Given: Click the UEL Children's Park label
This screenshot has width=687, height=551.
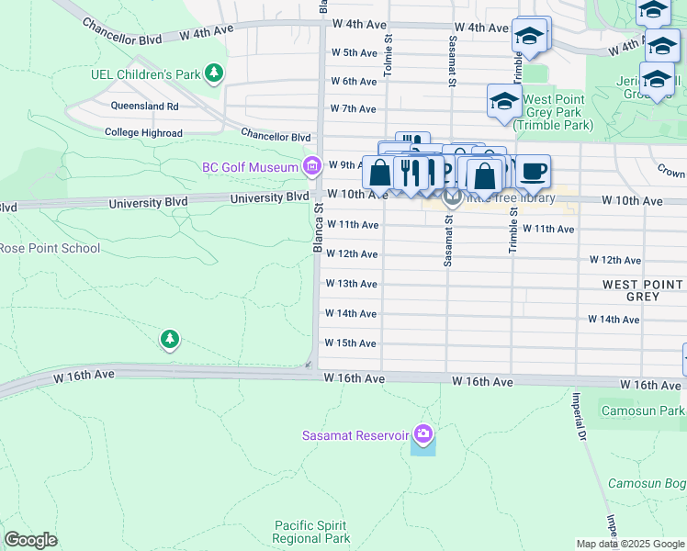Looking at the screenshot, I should click(x=145, y=73).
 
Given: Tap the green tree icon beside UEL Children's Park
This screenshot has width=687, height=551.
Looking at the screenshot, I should click(x=213, y=72).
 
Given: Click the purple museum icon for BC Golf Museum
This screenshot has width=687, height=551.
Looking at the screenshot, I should click(x=312, y=166).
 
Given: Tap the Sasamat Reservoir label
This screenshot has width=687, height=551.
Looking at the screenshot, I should click(x=355, y=434).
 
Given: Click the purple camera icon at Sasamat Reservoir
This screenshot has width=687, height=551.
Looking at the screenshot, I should click(x=422, y=433).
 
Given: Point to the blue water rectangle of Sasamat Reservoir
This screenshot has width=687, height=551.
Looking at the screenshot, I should click(x=422, y=446).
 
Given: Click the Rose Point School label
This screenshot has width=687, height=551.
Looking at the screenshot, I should click(x=50, y=248).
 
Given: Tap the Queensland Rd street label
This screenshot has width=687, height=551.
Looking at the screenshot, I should click(x=145, y=107).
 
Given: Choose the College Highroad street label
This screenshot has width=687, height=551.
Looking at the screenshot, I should click(x=143, y=133).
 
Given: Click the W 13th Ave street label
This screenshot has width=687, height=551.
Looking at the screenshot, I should click(x=352, y=284).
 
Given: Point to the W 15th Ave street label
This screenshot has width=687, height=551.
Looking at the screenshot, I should click(x=352, y=343).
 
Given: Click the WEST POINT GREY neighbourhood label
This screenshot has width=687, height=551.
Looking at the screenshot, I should click(x=643, y=291).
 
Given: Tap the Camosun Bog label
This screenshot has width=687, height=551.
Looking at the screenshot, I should click(x=647, y=483).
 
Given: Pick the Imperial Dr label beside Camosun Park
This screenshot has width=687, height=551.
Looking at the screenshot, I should click(x=580, y=414).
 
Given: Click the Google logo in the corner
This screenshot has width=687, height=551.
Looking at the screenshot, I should click(x=30, y=540).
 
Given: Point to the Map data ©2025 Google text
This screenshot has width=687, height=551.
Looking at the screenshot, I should click(x=630, y=544).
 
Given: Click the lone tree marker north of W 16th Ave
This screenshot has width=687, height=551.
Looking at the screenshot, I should click(x=169, y=340).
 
